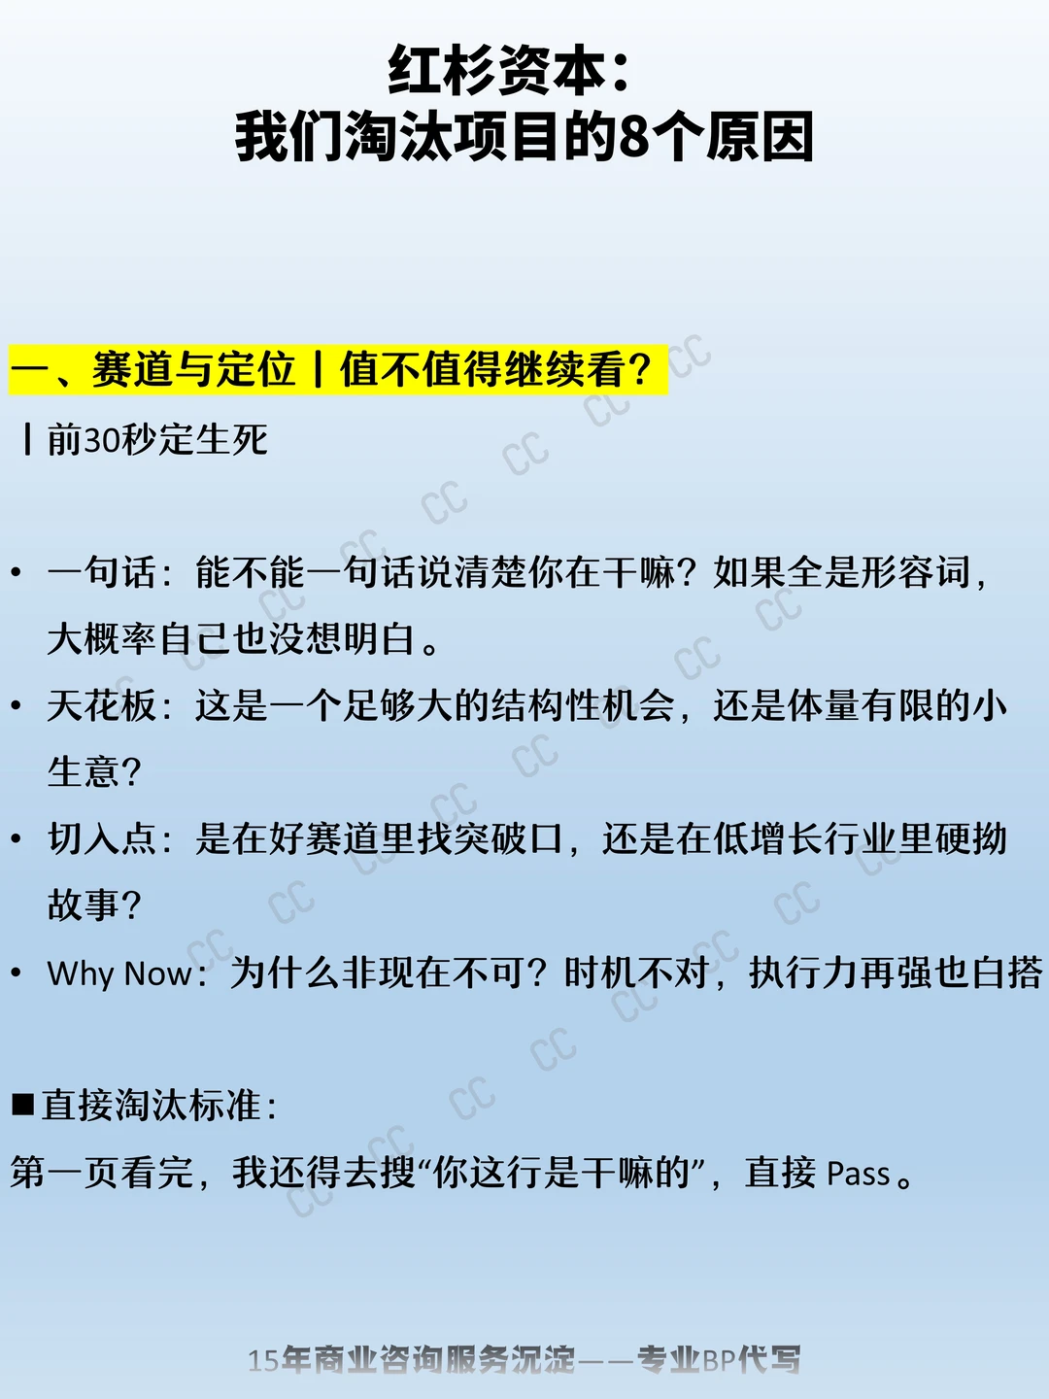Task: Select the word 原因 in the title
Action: pyautogui.click(x=760, y=137)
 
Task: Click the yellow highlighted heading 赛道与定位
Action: pyautogui.click(x=193, y=370)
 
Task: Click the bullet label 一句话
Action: pyautogui.click(x=101, y=571)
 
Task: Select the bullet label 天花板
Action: pyautogui.click(x=101, y=705)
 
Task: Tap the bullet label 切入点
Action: pyautogui.click(x=101, y=838)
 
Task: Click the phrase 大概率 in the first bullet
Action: pyautogui.click(x=102, y=638)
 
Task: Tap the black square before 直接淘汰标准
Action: pyautogui.click(x=23, y=1105)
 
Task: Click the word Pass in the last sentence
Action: pyautogui.click(x=858, y=1174)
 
